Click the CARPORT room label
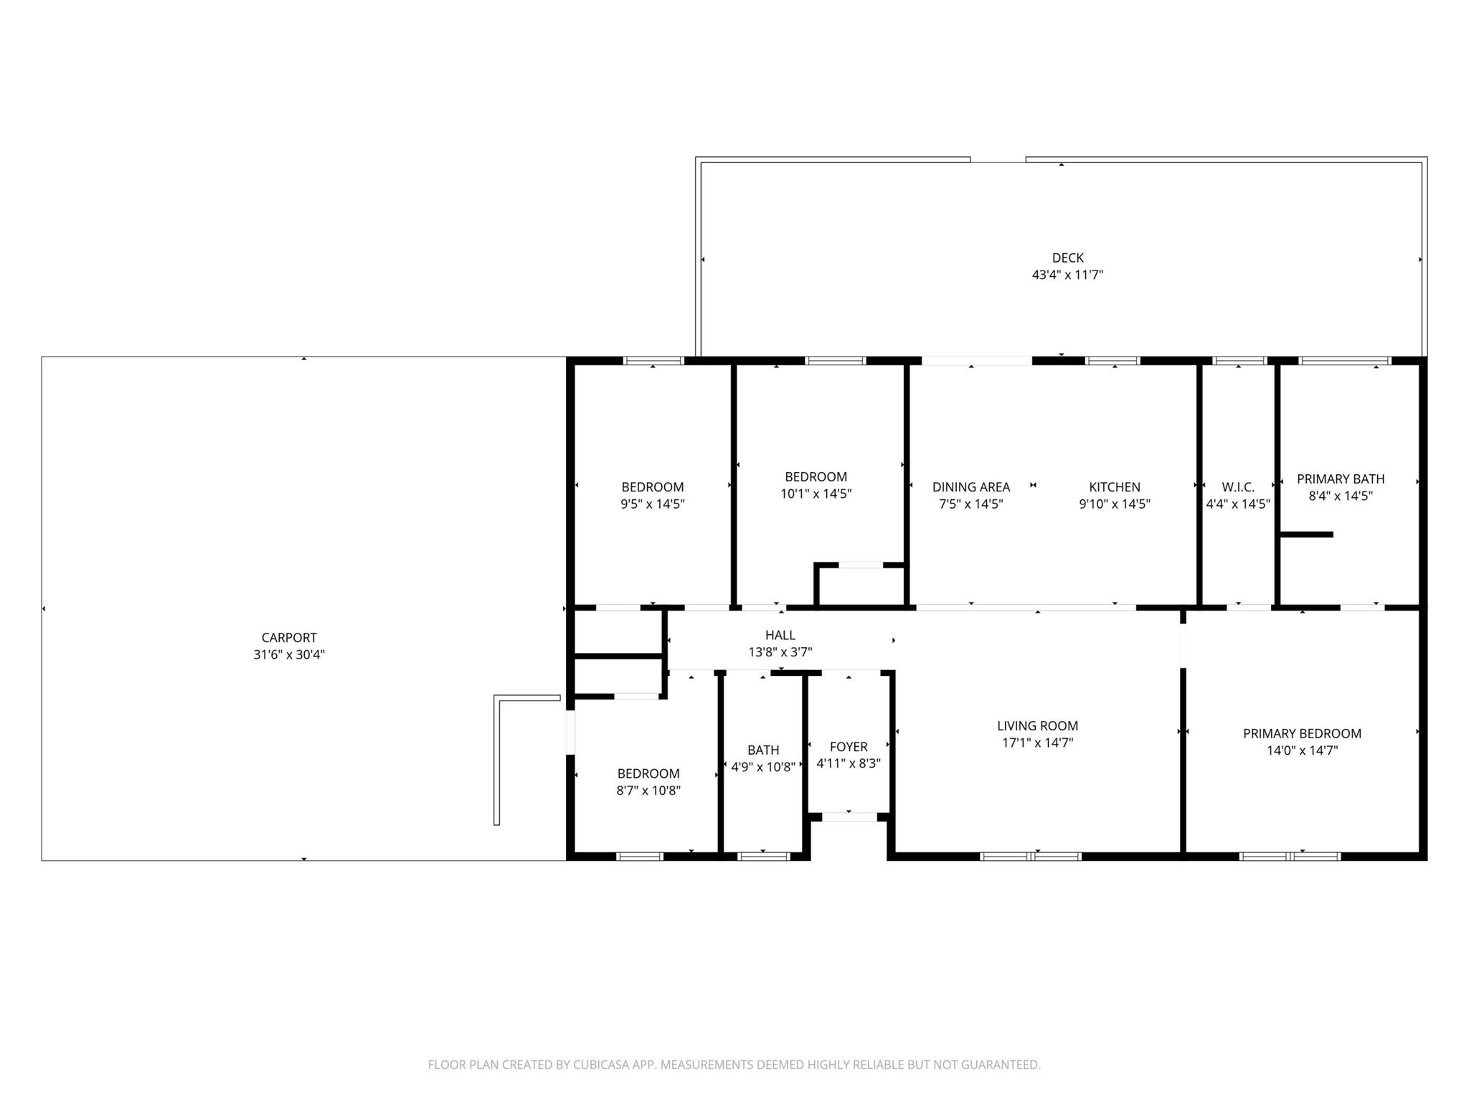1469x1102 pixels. point(289,637)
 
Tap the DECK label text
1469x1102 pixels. point(1067,258)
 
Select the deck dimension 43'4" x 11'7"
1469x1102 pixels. point(1067,275)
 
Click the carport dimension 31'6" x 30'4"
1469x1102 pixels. point(289,654)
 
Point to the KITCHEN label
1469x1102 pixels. point(1114,487)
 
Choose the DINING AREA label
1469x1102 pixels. point(970,487)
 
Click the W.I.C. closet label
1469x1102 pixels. point(1238,487)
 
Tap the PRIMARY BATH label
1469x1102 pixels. point(1340,479)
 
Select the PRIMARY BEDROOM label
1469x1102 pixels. point(1302,733)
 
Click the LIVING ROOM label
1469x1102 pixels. point(1037,725)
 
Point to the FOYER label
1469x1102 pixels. point(849,747)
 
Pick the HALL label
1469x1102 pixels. point(780,635)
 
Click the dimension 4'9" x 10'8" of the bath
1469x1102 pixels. point(763,767)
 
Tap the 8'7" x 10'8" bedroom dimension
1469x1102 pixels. point(648,791)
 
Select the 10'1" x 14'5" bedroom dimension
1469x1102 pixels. point(816,494)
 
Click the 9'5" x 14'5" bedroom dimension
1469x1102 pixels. point(652,504)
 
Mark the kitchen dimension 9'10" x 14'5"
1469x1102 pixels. point(1114,504)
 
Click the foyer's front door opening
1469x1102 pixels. point(849,816)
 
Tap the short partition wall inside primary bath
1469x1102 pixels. point(1306,534)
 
